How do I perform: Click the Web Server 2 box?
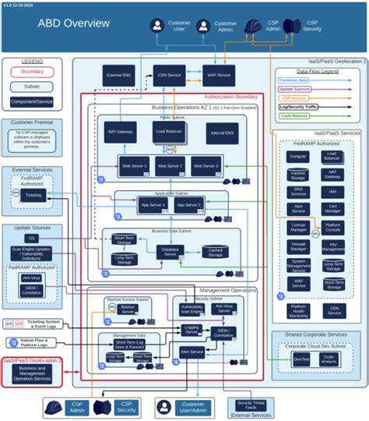[170, 166]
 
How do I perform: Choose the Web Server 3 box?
[206, 166]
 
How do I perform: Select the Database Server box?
[170, 250]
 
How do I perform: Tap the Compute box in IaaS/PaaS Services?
[297, 157]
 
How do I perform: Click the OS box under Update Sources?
[32, 238]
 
